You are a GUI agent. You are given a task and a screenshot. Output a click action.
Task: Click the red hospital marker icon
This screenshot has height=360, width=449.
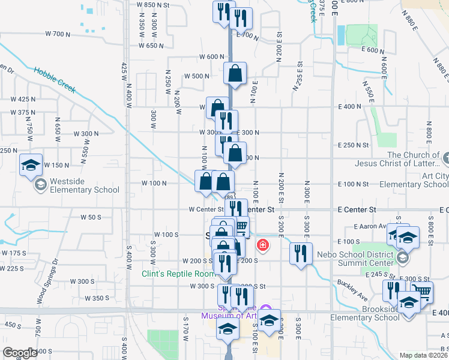click(x=262, y=245)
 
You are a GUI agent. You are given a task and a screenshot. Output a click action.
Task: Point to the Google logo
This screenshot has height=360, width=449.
click(x=20, y=353)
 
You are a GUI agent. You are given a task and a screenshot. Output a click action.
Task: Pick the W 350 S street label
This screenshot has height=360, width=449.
click(x=97, y=298)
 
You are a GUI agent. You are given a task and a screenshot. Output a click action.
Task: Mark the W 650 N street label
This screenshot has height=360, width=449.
click(x=151, y=46)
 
